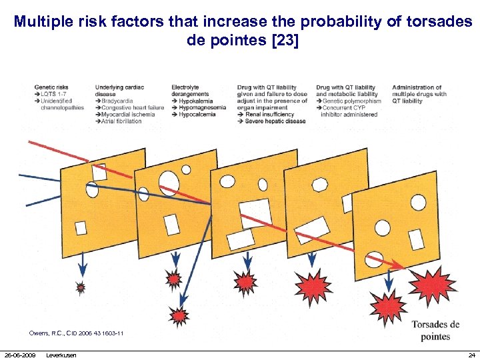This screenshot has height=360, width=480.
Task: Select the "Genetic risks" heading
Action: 51,87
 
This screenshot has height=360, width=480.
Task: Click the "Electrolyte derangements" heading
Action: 189,91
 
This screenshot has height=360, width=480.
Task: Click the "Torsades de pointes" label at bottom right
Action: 435,330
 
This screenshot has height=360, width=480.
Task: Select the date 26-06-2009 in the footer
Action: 21,355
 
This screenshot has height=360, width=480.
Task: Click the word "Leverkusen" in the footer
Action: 61,355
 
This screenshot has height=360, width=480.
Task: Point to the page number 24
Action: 471,355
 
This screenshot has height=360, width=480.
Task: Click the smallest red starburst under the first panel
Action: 81,288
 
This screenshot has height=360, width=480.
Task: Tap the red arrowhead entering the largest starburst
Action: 399,267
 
